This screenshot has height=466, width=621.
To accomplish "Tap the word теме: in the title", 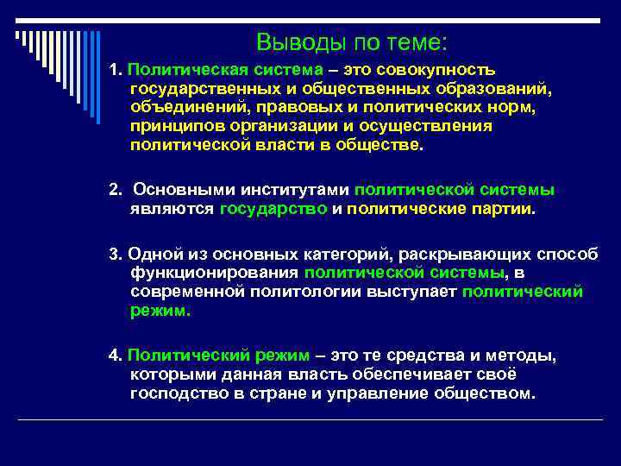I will click(418, 42).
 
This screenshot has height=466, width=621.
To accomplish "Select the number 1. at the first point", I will click(116, 69).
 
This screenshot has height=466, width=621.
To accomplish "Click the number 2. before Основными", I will click(116, 190).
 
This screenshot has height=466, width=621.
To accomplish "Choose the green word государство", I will click(273, 209).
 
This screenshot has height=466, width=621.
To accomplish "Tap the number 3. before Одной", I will click(116, 254).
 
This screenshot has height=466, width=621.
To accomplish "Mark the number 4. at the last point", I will click(116, 356).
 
